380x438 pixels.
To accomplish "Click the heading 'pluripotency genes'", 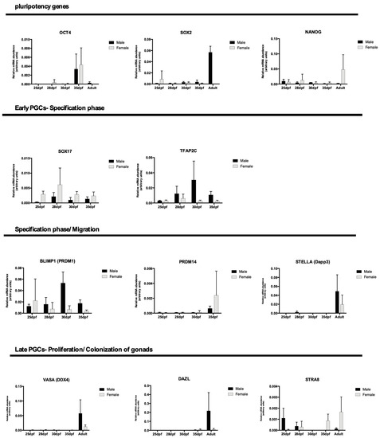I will [x=33, y=6].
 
